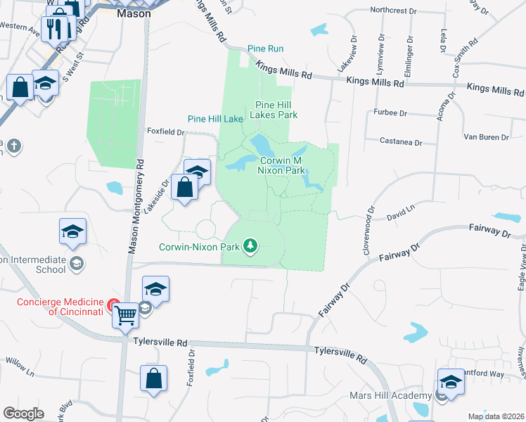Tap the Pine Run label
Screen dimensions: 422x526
[265, 49]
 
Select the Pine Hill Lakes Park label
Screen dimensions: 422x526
[276, 109]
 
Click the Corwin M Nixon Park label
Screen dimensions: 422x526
[281, 165]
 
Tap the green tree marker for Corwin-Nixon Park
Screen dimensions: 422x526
[250, 246]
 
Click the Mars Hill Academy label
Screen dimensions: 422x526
[389, 395]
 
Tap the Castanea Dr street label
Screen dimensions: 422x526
[399, 142]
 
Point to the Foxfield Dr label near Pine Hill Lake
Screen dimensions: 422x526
[165, 132]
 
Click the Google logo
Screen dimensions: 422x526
[23, 414]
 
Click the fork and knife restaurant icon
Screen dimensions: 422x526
[53, 27]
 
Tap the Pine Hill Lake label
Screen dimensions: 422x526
[214, 119]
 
